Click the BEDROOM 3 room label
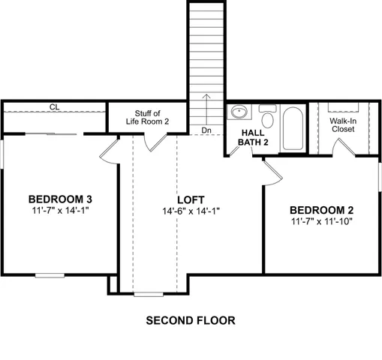(60, 199)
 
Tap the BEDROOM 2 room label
(321, 209)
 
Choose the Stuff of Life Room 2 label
(152, 117)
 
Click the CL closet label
(54, 107)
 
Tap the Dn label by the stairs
(206, 130)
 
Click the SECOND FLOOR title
(190, 320)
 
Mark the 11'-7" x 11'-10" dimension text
(321, 221)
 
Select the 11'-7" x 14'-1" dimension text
(60, 211)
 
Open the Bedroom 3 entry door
(109, 150)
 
